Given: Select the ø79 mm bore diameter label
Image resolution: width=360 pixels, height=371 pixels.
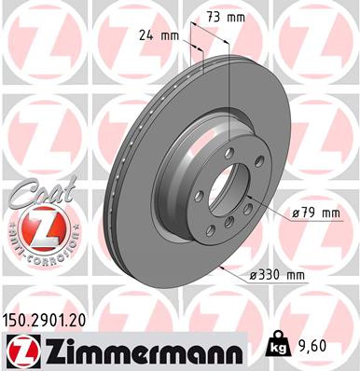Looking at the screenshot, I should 314,213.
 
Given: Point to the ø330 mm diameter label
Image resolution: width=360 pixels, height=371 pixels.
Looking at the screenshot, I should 278,274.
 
